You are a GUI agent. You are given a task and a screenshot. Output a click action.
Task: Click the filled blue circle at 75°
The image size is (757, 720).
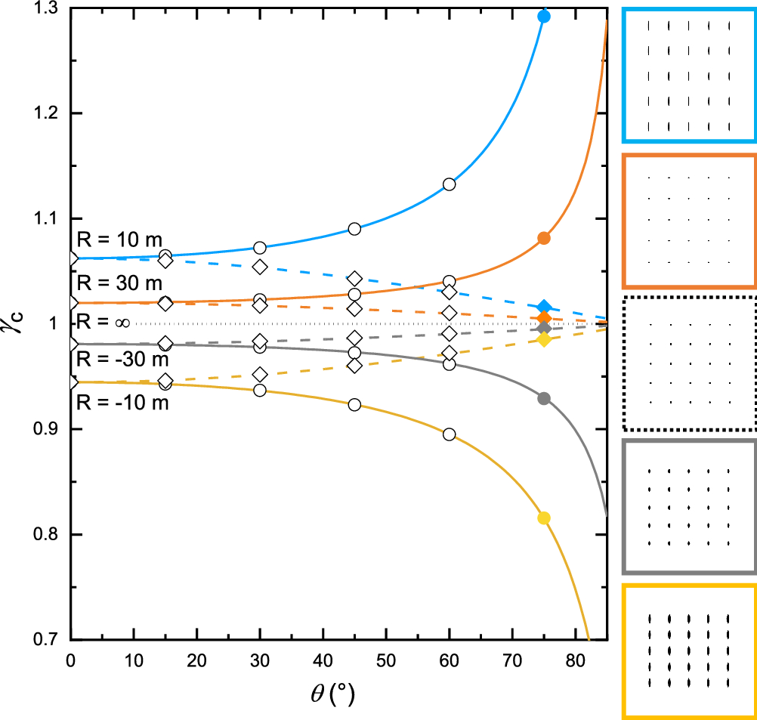pyautogui.click(x=543, y=17)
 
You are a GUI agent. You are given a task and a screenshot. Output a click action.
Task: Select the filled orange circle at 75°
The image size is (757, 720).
pyautogui.click(x=543, y=238)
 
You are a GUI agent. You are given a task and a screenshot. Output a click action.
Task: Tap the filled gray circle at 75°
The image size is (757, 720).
pyautogui.click(x=543, y=399)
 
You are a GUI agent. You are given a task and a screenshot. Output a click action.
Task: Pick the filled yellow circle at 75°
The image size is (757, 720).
pyautogui.click(x=543, y=518)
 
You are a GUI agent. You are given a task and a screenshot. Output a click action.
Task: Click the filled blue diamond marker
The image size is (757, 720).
pyautogui.click(x=543, y=307)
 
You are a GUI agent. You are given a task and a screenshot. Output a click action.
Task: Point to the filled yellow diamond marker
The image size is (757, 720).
pyautogui.click(x=543, y=339)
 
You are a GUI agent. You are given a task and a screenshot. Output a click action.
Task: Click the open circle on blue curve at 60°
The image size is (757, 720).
pyautogui.click(x=449, y=184)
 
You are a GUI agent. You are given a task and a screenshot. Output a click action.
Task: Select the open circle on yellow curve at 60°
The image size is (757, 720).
pyautogui.click(x=449, y=434)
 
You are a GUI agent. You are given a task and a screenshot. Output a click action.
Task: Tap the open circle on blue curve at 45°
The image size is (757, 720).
pyautogui.click(x=354, y=229)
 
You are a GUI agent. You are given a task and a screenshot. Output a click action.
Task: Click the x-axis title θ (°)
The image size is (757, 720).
pyautogui.click(x=331, y=693)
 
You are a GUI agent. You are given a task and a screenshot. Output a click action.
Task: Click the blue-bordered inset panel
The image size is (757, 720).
pyautogui.click(x=688, y=72)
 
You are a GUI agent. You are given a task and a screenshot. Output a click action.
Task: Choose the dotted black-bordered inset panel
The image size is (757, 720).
pyautogui.click(x=688, y=363)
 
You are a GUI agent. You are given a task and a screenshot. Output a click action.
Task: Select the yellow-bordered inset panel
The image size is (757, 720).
pyautogui.click(x=688, y=650)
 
